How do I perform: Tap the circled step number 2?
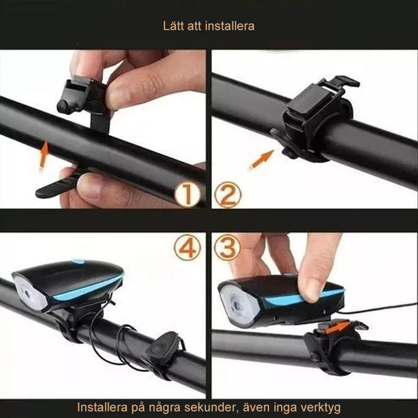click(228, 195)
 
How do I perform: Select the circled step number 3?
click(228, 248)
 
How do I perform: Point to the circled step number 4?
click(187, 248)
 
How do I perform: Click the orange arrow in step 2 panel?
click(261, 160)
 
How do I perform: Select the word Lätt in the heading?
click(173, 26)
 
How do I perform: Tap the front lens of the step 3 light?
click(237, 302)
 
